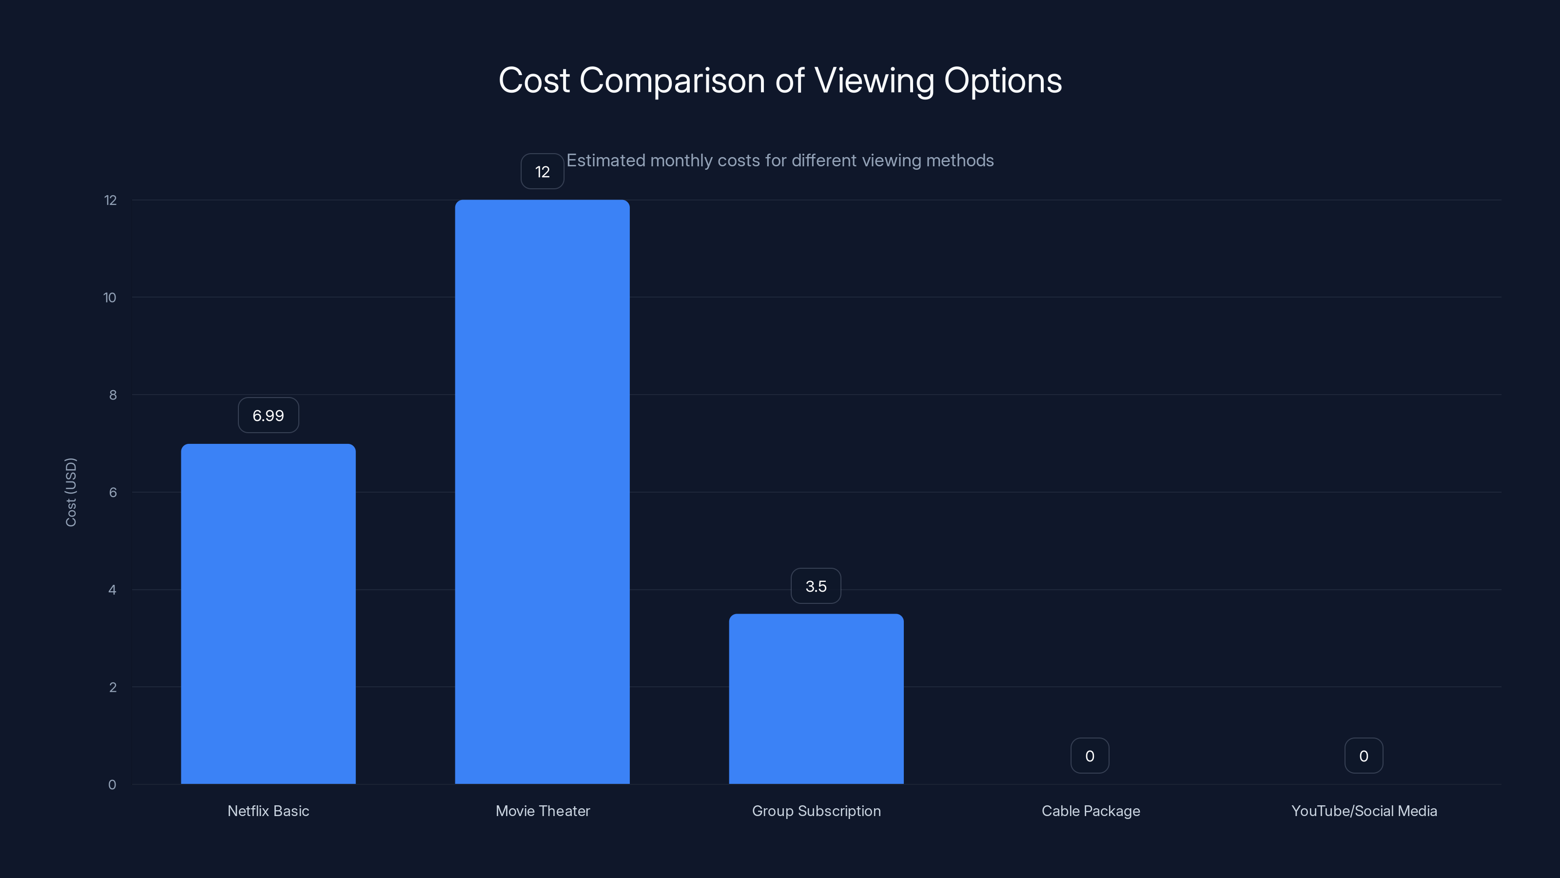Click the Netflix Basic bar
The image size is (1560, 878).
pyautogui.click(x=268, y=613)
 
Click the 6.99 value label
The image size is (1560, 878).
pyautogui.click(x=268, y=416)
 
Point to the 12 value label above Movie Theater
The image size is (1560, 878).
pyautogui.click(x=542, y=172)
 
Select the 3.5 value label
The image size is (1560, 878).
pyautogui.click(x=816, y=586)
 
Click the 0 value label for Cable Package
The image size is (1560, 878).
pyautogui.click(x=1090, y=756)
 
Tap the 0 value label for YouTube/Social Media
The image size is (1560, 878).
pyautogui.click(x=1363, y=756)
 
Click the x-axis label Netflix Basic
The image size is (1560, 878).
pyautogui.click(x=268, y=811)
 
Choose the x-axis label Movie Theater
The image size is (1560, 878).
pyautogui.click(x=543, y=811)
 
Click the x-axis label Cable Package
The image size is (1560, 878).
pyautogui.click(x=1091, y=811)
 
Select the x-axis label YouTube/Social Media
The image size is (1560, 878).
pyautogui.click(x=1364, y=811)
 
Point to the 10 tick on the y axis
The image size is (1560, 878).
pyautogui.click(x=110, y=298)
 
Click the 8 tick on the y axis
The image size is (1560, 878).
pyautogui.click(x=113, y=395)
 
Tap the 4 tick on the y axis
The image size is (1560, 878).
pyautogui.click(x=112, y=590)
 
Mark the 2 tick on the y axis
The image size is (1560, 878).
pyautogui.click(x=113, y=687)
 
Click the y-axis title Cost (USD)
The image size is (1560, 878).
pyautogui.click(x=71, y=492)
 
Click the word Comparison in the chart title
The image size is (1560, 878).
pyautogui.click(x=672, y=80)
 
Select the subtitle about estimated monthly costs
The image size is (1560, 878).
pyautogui.click(x=780, y=160)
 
